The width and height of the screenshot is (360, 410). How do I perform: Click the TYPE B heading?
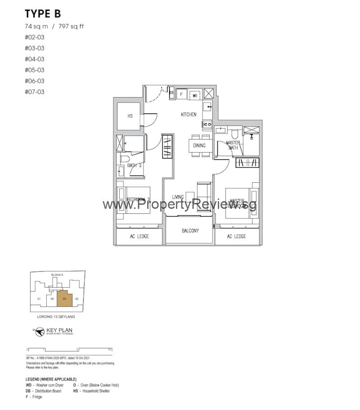(x=43, y=14)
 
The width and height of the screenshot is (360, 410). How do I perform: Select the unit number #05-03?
(x=35, y=70)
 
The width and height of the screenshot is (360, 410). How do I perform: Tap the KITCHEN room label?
(x=189, y=115)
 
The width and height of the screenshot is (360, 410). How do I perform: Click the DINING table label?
(x=199, y=145)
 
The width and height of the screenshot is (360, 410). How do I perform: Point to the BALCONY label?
(x=190, y=231)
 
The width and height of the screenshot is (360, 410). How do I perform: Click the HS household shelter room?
(x=130, y=116)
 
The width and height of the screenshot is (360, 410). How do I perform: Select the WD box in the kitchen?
(x=195, y=95)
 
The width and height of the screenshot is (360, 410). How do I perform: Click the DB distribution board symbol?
(x=171, y=93)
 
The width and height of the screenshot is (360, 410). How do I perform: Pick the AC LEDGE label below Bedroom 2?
(x=139, y=237)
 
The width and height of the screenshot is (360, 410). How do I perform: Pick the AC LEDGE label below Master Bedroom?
(x=236, y=237)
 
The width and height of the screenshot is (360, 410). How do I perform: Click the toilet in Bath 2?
(x=125, y=159)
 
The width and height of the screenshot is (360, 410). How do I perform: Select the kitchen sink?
(x=207, y=107)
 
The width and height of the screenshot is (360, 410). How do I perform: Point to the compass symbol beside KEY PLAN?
(x=40, y=331)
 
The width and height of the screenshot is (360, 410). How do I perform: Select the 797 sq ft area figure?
(x=71, y=26)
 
